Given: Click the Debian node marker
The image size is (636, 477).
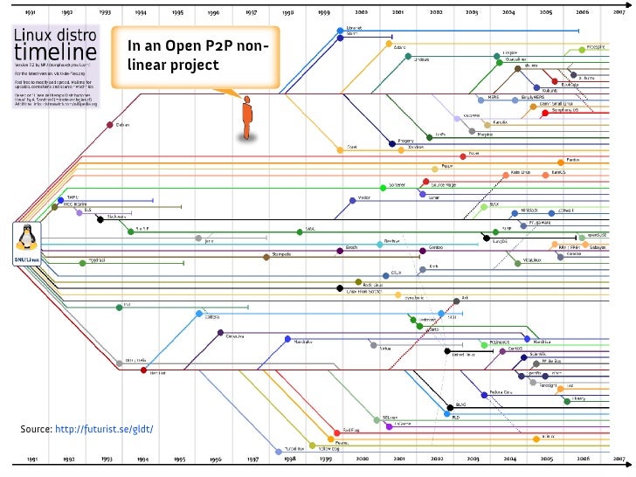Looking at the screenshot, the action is (x=109, y=125).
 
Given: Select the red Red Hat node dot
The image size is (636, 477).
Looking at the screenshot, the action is (x=144, y=371).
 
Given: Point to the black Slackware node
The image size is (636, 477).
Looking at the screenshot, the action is (x=100, y=218).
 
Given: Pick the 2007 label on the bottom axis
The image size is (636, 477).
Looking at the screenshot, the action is (x=619, y=458).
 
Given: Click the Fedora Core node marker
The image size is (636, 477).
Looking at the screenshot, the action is (x=482, y=393).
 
